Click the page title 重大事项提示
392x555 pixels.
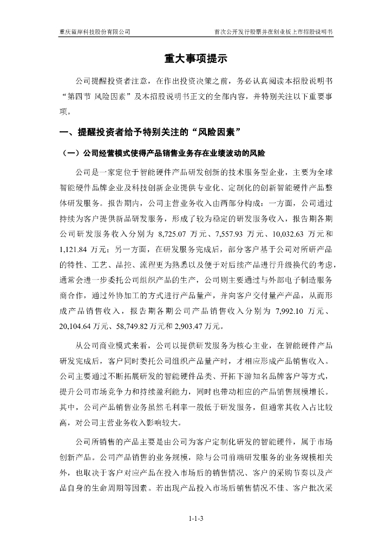coord(195,59)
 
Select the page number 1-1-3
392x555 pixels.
coord(195,519)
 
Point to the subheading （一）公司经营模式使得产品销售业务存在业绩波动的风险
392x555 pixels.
coord(162,153)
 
